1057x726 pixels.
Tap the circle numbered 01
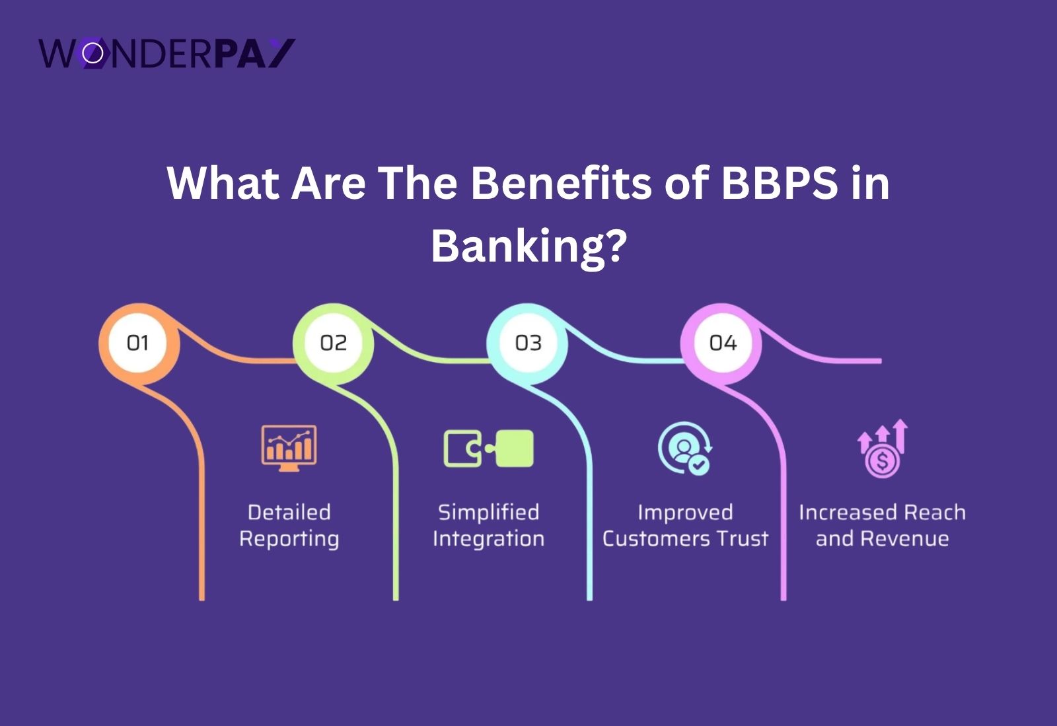pyautogui.click(x=138, y=343)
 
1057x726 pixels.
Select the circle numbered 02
pyautogui.click(x=333, y=343)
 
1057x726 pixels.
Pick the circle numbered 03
pyautogui.click(x=528, y=343)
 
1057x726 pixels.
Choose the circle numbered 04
pyautogui.click(x=722, y=343)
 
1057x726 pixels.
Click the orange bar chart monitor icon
pyautogui.click(x=289, y=447)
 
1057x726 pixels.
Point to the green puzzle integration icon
pyautogui.click(x=488, y=449)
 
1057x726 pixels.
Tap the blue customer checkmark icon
pyautogui.click(x=684, y=448)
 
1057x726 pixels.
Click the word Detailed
pyautogui.click(x=289, y=513)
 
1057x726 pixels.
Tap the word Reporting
pyautogui.click(x=289, y=539)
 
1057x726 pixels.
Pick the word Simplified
pyautogui.click(x=488, y=513)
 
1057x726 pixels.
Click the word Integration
pyautogui.click(x=488, y=539)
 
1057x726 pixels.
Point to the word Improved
pyautogui.click(x=685, y=513)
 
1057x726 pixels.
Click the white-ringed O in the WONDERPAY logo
pyautogui.click(x=93, y=54)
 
